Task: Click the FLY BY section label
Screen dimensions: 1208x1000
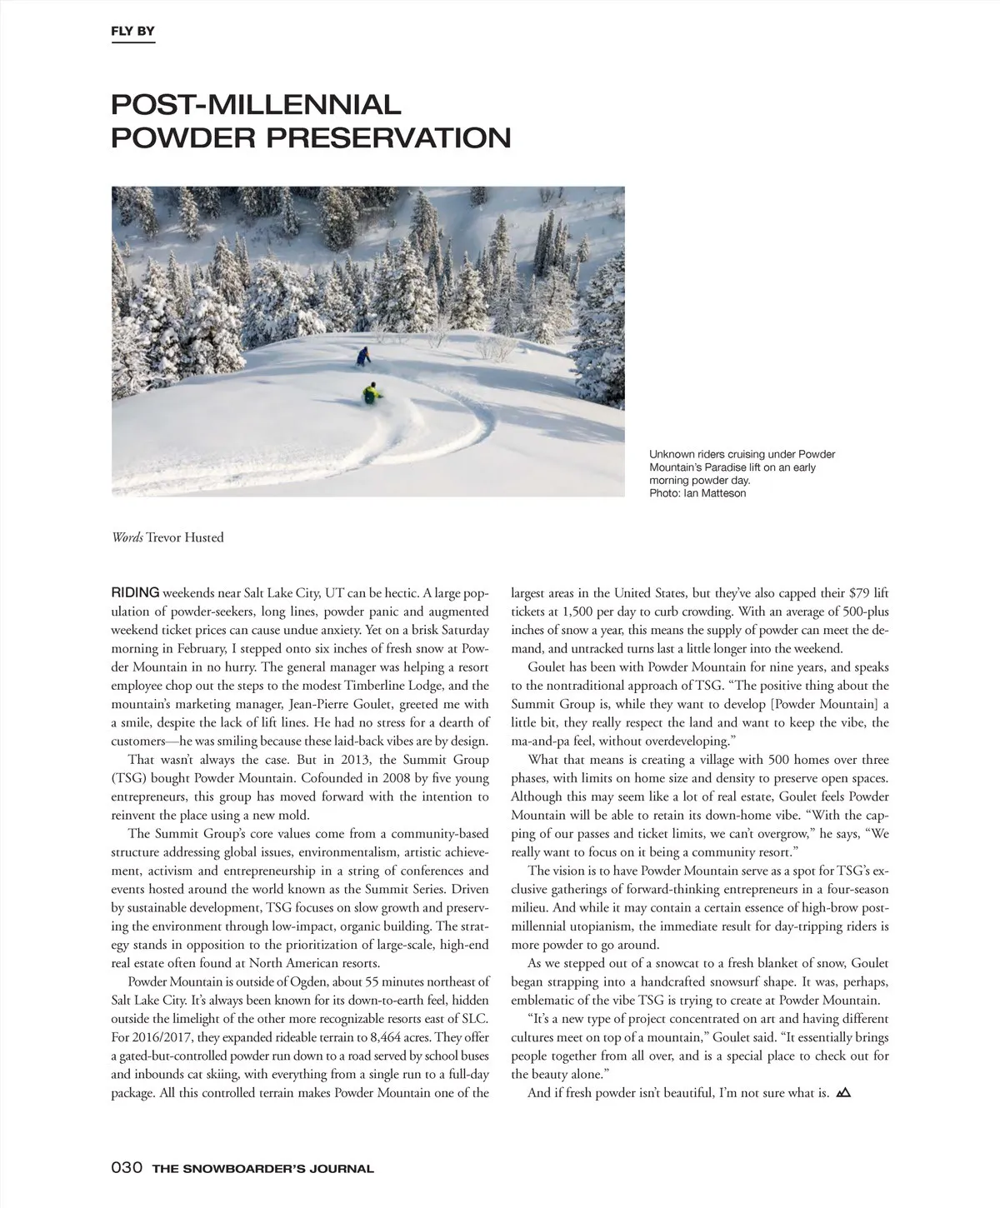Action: pyautogui.click(x=132, y=32)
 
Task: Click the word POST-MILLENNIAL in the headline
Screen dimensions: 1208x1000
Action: pyautogui.click(x=256, y=105)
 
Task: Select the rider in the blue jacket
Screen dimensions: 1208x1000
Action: pyautogui.click(x=362, y=357)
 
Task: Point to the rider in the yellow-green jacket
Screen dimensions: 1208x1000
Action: pyautogui.click(x=370, y=392)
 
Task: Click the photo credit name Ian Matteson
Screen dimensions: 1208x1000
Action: pyautogui.click(x=715, y=493)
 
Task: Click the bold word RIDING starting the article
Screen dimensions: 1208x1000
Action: pyautogui.click(x=135, y=593)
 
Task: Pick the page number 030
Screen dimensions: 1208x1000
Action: pyautogui.click(x=127, y=1168)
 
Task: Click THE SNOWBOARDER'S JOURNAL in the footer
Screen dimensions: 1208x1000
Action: pyautogui.click(x=262, y=1169)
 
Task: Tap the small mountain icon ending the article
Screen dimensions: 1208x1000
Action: pyautogui.click(x=843, y=1092)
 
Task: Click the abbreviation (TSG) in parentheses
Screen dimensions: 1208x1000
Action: pyautogui.click(x=129, y=778)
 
